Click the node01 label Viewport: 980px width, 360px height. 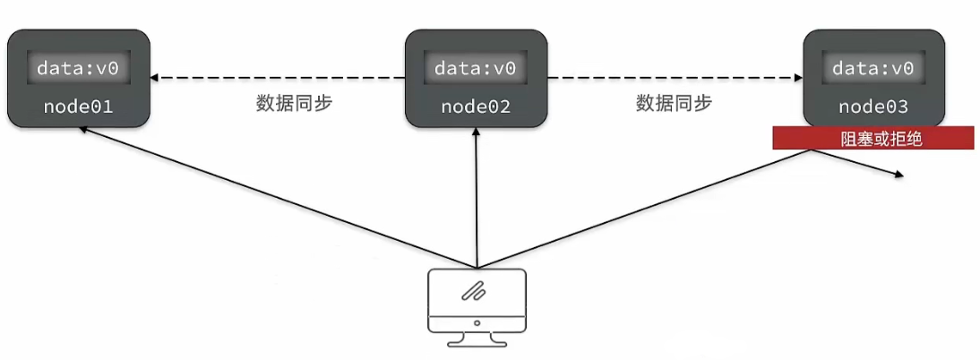(79, 107)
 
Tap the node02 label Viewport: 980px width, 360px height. (476, 107)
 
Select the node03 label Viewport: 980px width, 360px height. (873, 107)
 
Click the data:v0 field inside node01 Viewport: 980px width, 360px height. (79, 69)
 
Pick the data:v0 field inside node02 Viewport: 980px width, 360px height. (476, 69)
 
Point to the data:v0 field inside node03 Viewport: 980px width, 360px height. (873, 69)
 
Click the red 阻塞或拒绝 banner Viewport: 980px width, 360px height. (873, 138)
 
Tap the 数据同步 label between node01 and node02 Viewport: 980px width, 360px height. (295, 103)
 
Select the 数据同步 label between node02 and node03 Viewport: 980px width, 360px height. (675, 103)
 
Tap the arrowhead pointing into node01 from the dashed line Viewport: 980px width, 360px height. (154, 78)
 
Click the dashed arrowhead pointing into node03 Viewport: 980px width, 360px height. (798, 78)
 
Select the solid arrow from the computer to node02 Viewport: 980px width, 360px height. (477, 197)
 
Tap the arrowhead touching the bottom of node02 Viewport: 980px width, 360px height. (477, 133)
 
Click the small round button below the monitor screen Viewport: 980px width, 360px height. (477, 322)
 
